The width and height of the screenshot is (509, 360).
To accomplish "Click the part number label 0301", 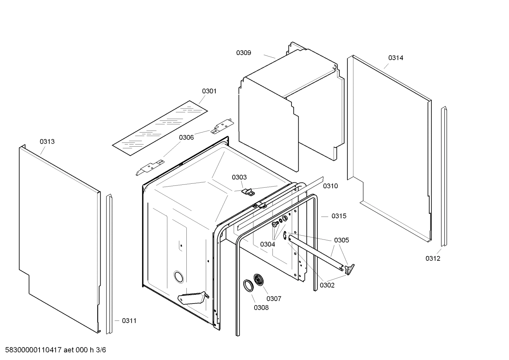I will pos(209,91).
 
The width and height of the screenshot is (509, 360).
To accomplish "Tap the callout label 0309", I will pos(244,53).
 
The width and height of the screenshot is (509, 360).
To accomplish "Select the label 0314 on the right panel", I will pos(396,58).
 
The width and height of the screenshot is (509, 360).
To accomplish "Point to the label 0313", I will pos(47,142).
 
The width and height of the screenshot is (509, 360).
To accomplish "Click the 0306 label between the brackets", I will pos(186,137).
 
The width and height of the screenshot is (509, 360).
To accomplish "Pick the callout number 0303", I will pos(239,177).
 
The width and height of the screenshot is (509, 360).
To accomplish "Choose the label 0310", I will pos(330,186).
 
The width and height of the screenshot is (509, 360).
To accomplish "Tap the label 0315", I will pos(339,216).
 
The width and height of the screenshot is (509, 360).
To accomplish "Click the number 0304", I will pos(268,244).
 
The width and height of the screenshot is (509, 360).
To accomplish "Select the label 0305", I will pos(341,240).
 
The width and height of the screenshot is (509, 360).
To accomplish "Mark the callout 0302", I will pos(327,285).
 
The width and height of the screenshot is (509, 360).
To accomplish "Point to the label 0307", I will pos(274,299).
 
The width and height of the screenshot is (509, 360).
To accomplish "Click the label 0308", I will pos(261,308).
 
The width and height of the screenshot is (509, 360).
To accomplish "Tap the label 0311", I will pos(129,321).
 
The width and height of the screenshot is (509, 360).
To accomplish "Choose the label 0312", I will pos(433,258).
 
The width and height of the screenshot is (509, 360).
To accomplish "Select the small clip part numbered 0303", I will pos(248,192).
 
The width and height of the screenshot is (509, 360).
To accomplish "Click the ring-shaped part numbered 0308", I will pos(248,285).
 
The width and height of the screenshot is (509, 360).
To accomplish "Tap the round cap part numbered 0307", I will pos(260,280).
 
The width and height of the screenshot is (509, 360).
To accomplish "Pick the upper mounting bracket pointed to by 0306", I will pos(222,127).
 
